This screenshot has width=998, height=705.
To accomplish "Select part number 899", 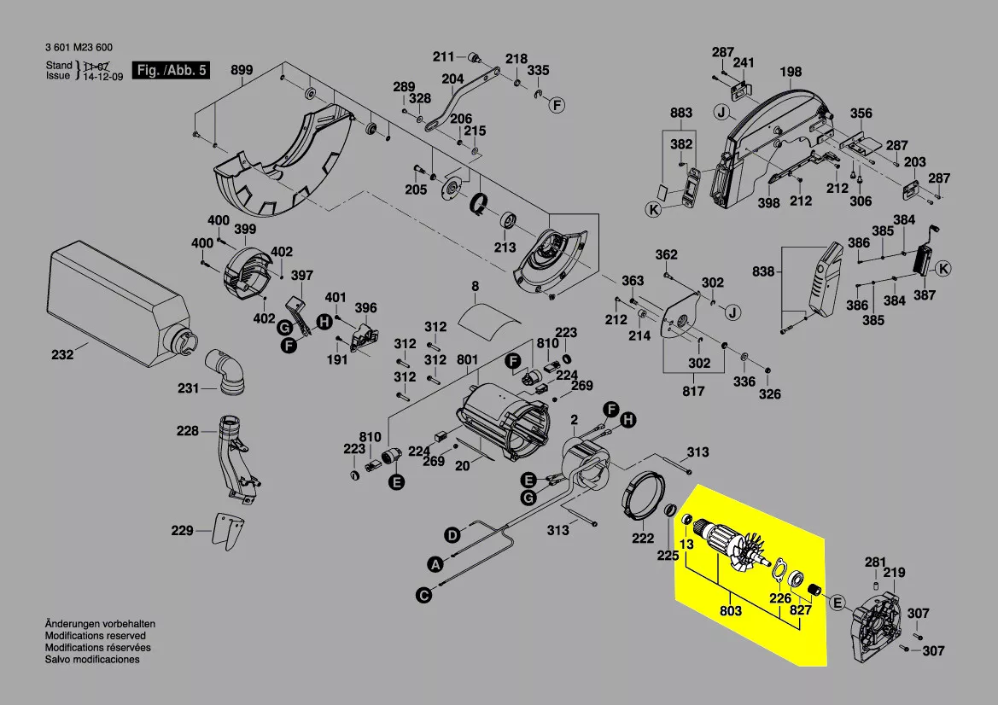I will (x=242, y=70).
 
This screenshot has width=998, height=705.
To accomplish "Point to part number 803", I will (x=731, y=611).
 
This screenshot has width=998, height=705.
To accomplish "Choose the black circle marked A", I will (x=435, y=564).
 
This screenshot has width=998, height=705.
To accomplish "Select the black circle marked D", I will (x=452, y=535).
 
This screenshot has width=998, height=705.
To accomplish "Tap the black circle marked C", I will (x=423, y=595).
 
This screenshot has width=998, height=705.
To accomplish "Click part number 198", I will (x=791, y=73).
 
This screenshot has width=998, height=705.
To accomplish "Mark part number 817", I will (x=693, y=391).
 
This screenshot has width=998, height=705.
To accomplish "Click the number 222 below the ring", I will (x=642, y=538).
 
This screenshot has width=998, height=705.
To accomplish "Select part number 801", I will (x=467, y=360).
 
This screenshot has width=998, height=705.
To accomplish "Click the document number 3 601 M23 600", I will (x=79, y=47).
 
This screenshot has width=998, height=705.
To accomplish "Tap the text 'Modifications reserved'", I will (x=95, y=636).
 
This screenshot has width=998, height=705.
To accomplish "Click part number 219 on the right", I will (x=894, y=573).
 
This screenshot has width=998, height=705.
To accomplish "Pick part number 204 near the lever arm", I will (x=452, y=79).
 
